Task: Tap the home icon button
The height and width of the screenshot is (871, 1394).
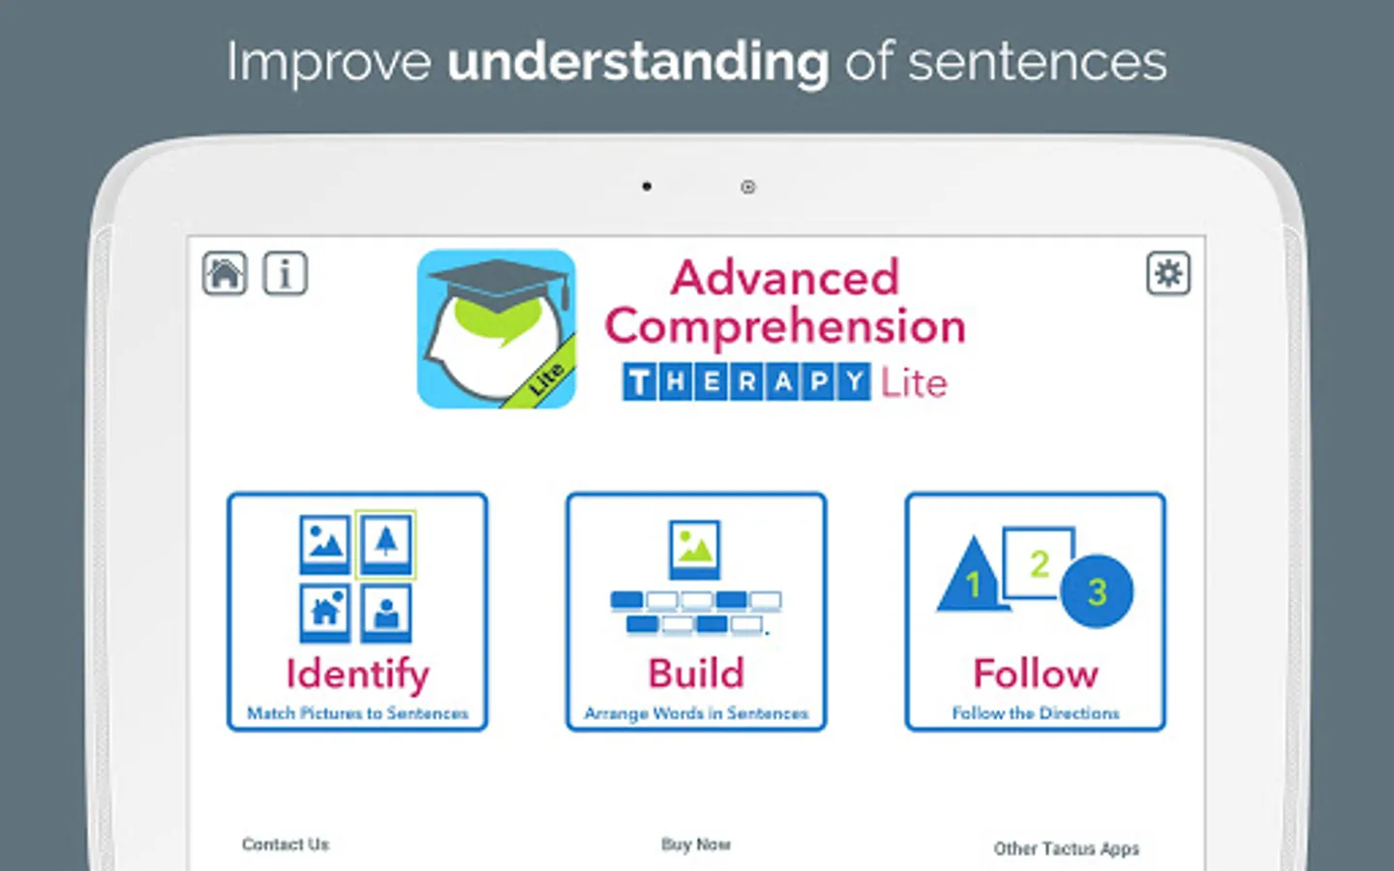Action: click(x=225, y=273)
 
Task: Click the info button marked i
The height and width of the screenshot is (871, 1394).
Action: click(x=285, y=273)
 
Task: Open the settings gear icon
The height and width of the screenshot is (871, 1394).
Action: click(x=1168, y=273)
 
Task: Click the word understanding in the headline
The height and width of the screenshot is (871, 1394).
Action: click(x=638, y=63)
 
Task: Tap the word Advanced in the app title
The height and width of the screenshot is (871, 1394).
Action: click(x=785, y=278)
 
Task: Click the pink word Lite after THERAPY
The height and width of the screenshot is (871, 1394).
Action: click(x=914, y=382)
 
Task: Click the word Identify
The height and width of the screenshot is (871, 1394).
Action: click(x=358, y=675)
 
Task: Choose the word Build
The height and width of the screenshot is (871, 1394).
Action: click(x=696, y=674)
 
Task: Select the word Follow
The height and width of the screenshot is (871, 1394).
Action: click(x=1036, y=674)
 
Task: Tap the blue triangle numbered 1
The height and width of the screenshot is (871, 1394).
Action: click(x=972, y=576)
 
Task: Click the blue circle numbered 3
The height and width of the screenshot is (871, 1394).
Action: click(x=1097, y=591)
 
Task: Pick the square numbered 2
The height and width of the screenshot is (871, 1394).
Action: click(x=1038, y=562)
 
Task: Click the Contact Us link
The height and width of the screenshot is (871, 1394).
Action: click(x=286, y=844)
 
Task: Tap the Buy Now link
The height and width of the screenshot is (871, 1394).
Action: click(x=696, y=844)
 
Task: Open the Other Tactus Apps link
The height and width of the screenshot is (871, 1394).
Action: click(x=1066, y=849)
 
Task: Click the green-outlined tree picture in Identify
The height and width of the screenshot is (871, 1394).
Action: click(x=386, y=544)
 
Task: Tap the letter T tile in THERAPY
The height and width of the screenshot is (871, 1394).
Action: click(x=639, y=382)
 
